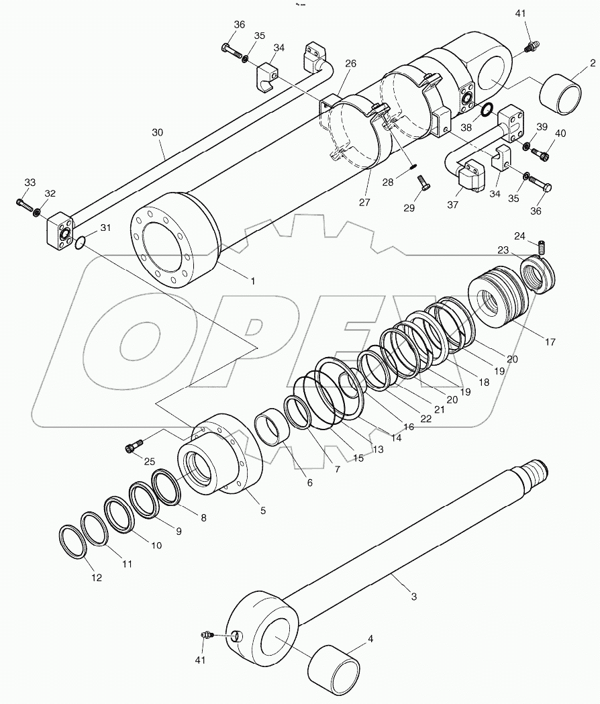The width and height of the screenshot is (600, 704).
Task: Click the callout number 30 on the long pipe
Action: click(x=157, y=133)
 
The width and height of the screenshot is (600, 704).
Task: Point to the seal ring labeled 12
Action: click(x=73, y=542)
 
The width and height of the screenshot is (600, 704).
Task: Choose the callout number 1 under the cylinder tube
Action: click(x=252, y=281)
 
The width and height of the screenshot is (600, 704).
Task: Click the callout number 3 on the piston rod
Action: click(x=413, y=595)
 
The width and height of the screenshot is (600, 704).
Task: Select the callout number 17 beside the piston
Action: click(x=550, y=342)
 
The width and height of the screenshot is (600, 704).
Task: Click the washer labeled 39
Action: click(x=528, y=146)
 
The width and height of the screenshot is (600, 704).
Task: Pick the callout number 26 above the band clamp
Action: click(x=350, y=64)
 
